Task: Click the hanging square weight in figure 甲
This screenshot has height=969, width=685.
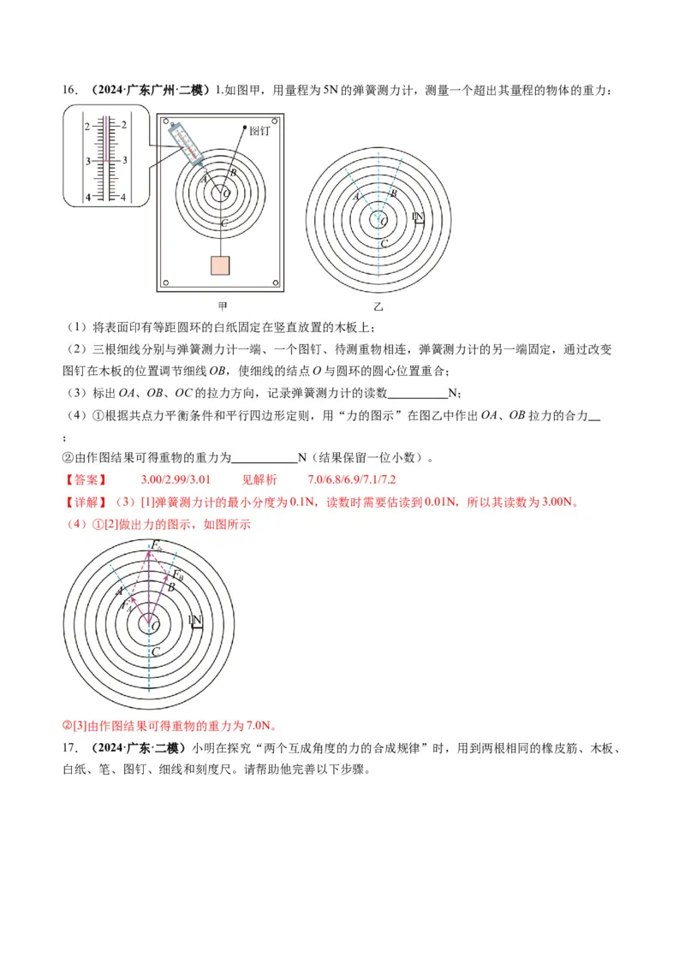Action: point(221,265)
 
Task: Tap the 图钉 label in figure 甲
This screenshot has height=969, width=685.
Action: point(260,132)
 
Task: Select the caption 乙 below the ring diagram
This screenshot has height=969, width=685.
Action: point(378,306)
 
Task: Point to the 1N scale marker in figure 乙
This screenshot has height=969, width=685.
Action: point(419,217)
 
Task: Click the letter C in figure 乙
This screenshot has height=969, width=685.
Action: point(384,244)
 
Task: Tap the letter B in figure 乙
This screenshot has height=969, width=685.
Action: point(393,194)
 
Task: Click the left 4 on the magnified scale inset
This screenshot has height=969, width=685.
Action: point(86,198)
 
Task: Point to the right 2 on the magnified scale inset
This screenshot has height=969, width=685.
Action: point(124,125)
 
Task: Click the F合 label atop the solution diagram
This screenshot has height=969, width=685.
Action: point(157,544)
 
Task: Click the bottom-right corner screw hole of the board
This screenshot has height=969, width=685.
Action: point(275,282)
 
